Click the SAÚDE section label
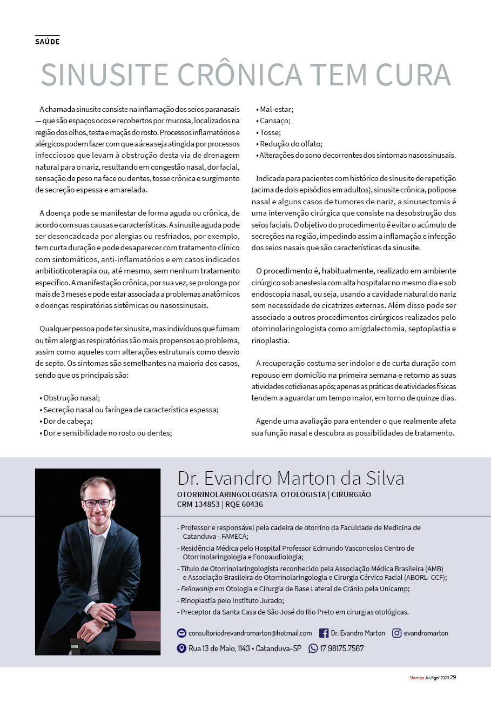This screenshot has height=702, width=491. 47,42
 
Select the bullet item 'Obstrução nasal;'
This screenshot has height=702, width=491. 70,397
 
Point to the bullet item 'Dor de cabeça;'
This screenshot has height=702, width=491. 66,420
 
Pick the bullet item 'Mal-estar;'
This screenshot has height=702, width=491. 274,109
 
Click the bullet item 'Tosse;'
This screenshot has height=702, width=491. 268,132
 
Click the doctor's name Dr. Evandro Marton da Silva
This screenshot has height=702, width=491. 291,478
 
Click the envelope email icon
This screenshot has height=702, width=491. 181,633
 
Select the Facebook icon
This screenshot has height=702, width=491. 324,633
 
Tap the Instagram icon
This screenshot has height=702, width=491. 396,633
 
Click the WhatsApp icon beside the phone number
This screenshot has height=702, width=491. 313,648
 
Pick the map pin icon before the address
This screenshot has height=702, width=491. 181,648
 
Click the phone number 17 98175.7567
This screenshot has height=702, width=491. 342,648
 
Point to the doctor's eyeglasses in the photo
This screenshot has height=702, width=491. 98,503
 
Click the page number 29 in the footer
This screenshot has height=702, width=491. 453,677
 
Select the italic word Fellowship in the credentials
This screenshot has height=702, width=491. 197,589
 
